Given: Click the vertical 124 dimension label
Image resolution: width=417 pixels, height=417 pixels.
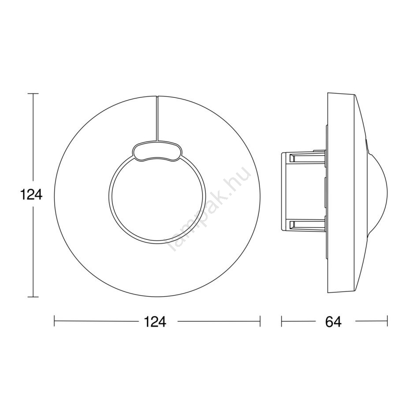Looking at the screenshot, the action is pos(31,195).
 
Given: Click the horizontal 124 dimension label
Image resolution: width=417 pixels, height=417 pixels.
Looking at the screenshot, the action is pos(155,321).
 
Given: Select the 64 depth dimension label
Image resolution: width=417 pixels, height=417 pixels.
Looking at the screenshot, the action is pos(333,321).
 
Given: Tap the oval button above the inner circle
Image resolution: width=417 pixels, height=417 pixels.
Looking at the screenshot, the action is pos(157,151).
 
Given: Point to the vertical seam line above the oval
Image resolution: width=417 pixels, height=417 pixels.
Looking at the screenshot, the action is pos(157,118).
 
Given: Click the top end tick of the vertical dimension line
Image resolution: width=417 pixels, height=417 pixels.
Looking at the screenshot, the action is pos(33,93).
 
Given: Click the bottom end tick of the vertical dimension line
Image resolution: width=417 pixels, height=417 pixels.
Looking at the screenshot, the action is pos(33,297).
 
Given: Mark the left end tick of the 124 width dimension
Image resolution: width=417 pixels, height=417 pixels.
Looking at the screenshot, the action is pos(54,321).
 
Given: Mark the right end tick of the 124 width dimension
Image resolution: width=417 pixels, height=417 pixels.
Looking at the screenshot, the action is pos(260,321).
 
